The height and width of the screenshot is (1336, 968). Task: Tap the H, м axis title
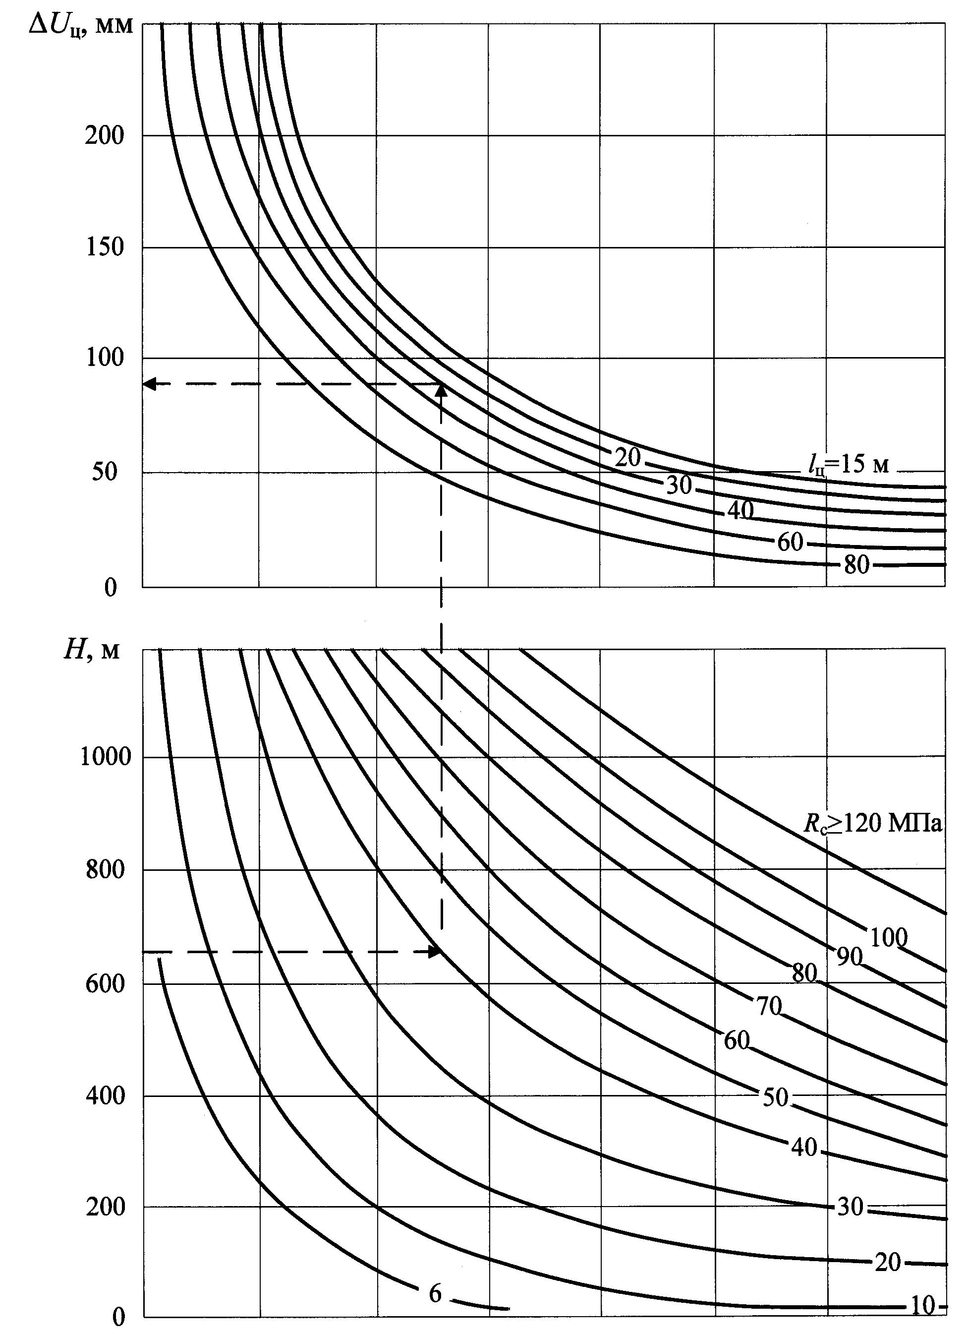tap(91, 650)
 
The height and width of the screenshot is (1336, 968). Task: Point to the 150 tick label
tap(105, 247)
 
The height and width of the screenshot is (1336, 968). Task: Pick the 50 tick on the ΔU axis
tap(105, 472)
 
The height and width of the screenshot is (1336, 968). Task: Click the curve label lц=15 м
tap(849, 465)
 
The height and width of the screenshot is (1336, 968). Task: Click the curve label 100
tap(888, 938)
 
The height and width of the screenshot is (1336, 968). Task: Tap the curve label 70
tap(769, 1007)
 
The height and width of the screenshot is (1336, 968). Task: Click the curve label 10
tap(923, 1318)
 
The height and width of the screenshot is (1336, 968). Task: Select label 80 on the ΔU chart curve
tap(856, 565)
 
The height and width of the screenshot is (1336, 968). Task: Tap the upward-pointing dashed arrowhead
tap(441, 390)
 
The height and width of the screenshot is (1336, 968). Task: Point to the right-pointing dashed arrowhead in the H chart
tap(435, 951)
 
